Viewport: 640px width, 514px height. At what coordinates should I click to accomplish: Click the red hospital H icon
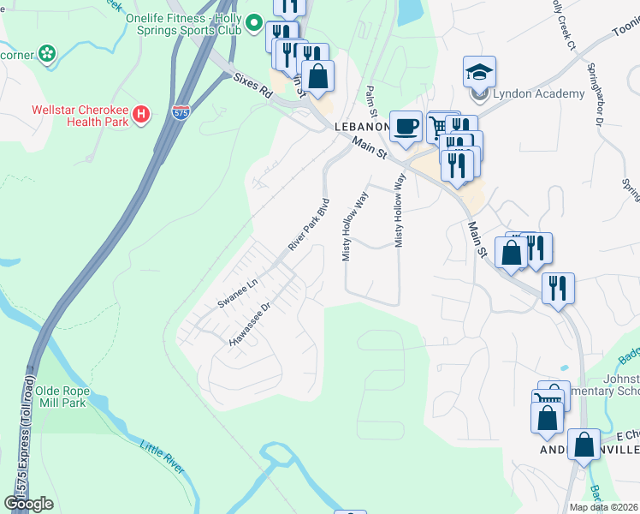143,113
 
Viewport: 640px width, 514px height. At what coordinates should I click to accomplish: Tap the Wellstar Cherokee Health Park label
80,116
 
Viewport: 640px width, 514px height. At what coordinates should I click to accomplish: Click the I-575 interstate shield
180,112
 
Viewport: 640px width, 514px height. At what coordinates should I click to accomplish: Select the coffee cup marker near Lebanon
406,126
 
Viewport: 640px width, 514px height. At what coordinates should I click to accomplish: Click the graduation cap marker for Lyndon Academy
479,72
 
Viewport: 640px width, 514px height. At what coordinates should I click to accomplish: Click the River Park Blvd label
309,225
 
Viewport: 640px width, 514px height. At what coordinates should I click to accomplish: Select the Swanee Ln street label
237,293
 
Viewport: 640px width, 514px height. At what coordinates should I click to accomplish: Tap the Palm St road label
371,101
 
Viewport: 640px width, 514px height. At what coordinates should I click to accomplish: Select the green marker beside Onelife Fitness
253,24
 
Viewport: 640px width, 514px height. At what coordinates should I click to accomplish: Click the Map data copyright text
604,507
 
